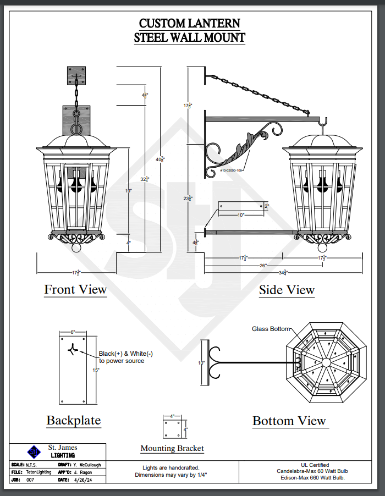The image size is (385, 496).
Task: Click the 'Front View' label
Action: [75, 289]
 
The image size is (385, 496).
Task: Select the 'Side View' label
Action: [287, 290]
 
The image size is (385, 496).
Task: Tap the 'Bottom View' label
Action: [289, 421]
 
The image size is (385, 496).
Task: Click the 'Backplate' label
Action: [74, 421]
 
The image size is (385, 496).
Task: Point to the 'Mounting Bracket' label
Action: [172, 448]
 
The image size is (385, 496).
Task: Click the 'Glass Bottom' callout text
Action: [271, 329]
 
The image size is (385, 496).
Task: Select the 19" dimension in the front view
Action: [128, 191]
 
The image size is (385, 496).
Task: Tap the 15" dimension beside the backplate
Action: [96, 370]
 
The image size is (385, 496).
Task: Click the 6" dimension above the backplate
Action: [72, 332]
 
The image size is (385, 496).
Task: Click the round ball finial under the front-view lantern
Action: [77, 246]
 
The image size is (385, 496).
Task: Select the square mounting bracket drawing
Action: [172, 429]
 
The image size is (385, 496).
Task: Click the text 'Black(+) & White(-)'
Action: [125, 354]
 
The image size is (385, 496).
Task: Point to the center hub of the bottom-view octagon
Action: [326, 362]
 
